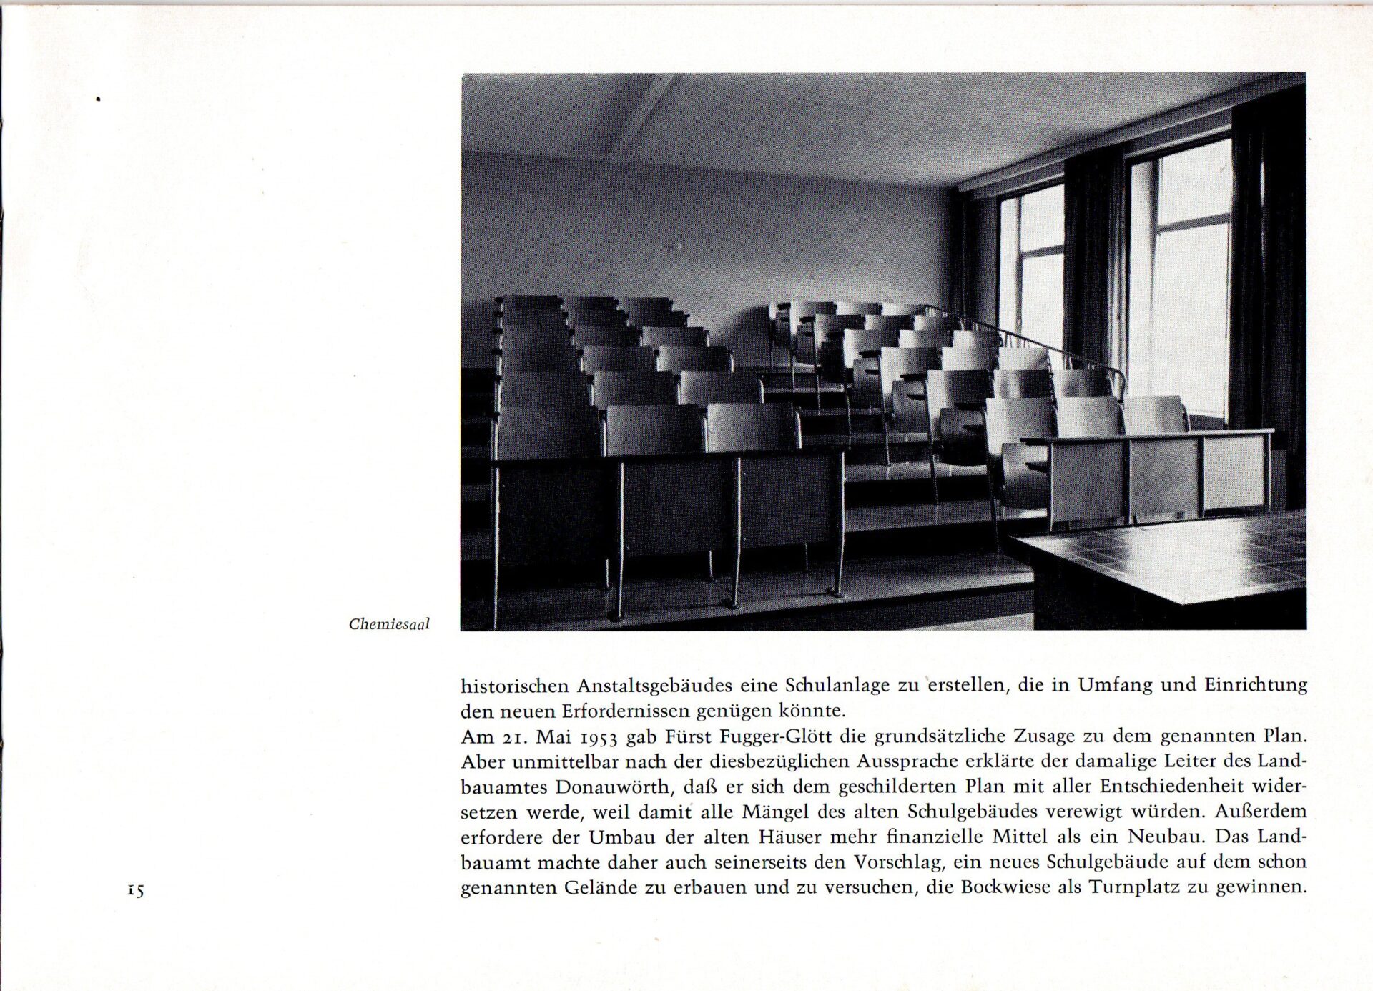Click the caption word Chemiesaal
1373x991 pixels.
389,624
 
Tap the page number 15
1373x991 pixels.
135,890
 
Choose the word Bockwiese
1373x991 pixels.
1020,887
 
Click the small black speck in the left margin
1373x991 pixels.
98,99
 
